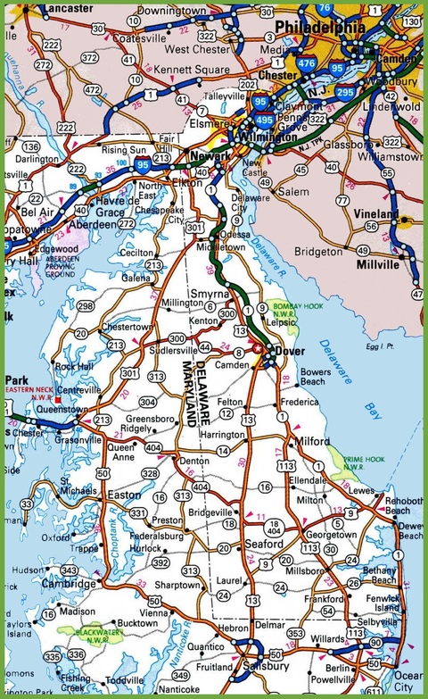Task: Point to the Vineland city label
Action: (x=375, y=214)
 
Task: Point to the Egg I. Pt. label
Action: (x=379, y=347)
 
